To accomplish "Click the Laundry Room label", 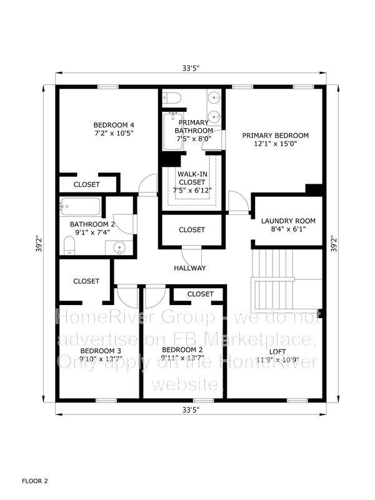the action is tap(288, 221).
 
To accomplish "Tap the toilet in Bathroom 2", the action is tap(69, 245).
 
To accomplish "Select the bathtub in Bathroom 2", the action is tap(81, 206).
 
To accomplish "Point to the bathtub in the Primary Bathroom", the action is tap(173, 131).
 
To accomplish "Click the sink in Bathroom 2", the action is tap(119, 247).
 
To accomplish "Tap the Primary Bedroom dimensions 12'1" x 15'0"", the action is tap(276, 144).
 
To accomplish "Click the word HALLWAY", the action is tap(190, 268).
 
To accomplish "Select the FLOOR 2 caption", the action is tap(35, 481).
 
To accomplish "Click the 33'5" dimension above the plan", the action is tap(191, 68).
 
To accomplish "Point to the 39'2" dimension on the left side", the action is tap(39, 244).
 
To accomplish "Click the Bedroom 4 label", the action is tap(114, 124).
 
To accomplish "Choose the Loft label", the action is tap(277, 351).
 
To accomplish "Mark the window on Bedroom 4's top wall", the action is tap(107, 87).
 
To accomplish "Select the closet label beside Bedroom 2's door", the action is tap(200, 294).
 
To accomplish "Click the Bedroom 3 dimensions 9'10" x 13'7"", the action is tap(101, 359).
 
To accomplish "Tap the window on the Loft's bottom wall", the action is tap(297, 401).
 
